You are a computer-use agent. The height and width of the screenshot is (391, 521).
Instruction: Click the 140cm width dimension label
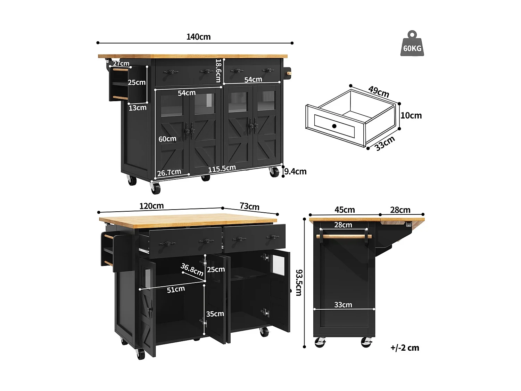pyautogui.click(x=198, y=37)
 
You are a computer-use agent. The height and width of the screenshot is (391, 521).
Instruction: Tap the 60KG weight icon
pyautogui.click(x=412, y=45)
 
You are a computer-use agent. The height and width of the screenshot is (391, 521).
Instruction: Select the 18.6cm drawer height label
pyautogui.click(x=218, y=71)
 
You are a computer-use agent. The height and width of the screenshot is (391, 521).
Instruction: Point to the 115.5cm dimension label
pyautogui.click(x=222, y=169)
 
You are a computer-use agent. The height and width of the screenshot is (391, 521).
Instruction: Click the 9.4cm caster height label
pyautogui.click(x=295, y=171)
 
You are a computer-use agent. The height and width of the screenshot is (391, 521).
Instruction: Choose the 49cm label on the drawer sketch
pyautogui.click(x=379, y=91)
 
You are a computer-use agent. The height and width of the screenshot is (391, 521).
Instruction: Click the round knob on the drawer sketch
pyautogui.click(x=334, y=126)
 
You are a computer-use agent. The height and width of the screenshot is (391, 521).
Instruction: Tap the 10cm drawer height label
pyautogui.click(x=411, y=115)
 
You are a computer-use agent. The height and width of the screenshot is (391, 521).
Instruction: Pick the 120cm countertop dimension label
pyautogui.click(x=151, y=206)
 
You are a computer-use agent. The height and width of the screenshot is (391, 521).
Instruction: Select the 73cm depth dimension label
pyautogui.click(x=249, y=206)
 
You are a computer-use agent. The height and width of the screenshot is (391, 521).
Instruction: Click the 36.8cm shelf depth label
pyautogui.click(x=192, y=270)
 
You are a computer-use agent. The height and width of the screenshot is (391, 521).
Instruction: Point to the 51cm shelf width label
pyautogui.click(x=176, y=290)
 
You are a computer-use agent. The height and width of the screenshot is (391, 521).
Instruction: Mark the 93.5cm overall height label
pyautogui.click(x=299, y=282)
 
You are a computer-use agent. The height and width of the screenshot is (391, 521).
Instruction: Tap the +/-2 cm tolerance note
pyautogui.click(x=405, y=348)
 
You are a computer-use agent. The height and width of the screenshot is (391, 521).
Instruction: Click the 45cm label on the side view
pyautogui.click(x=345, y=210)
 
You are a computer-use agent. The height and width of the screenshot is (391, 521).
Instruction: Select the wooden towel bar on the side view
pyautogui.click(x=344, y=236)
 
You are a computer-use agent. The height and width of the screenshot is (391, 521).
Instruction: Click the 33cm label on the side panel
pyautogui.click(x=343, y=305)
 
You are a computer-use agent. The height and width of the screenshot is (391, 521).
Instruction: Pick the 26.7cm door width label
pyautogui.click(x=169, y=172)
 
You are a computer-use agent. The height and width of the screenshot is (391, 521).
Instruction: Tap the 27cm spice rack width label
pyautogui.click(x=121, y=63)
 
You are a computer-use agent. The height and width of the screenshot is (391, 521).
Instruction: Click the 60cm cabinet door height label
pyautogui.click(x=167, y=139)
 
